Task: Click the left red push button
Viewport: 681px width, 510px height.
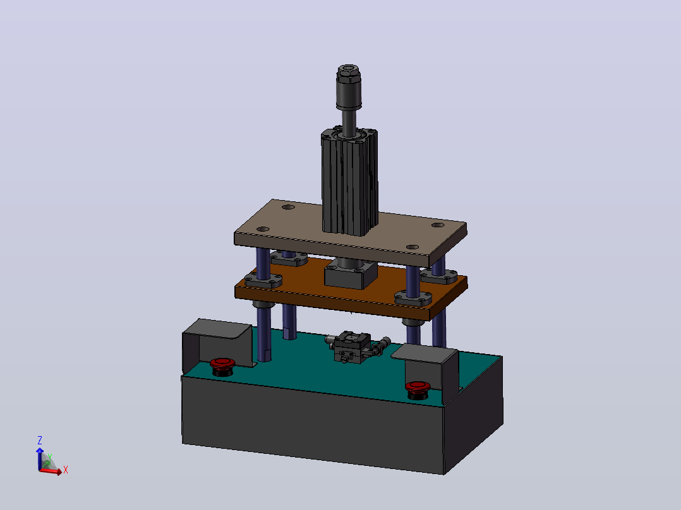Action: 222,366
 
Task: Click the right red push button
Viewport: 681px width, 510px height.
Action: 418,390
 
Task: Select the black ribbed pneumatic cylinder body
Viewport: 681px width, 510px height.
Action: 349,182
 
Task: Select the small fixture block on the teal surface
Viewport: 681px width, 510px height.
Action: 353,347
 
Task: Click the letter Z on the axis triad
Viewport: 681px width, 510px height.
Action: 40,441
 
